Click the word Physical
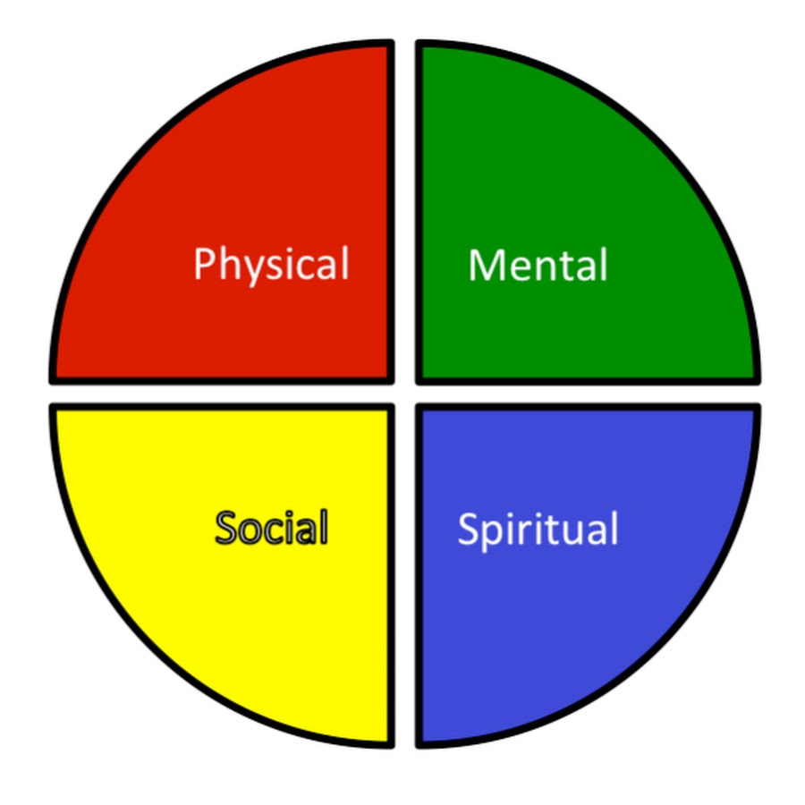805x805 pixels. tap(272, 265)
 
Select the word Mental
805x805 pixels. tap(538, 265)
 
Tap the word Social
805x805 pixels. tap(272, 528)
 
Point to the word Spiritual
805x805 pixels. tap(538, 530)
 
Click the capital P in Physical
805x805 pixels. tap(204, 263)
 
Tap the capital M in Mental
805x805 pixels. tap(486, 265)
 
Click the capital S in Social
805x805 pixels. tap(226, 527)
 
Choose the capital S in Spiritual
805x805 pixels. tap(468, 529)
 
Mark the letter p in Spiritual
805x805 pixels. tap(495, 536)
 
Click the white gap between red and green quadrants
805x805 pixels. tap(405, 210)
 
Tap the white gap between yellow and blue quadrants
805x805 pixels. tap(405, 575)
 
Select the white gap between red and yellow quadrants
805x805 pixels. tap(222, 394)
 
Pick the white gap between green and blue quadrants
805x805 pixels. tap(588, 394)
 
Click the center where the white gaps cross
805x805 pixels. tap(405, 394)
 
